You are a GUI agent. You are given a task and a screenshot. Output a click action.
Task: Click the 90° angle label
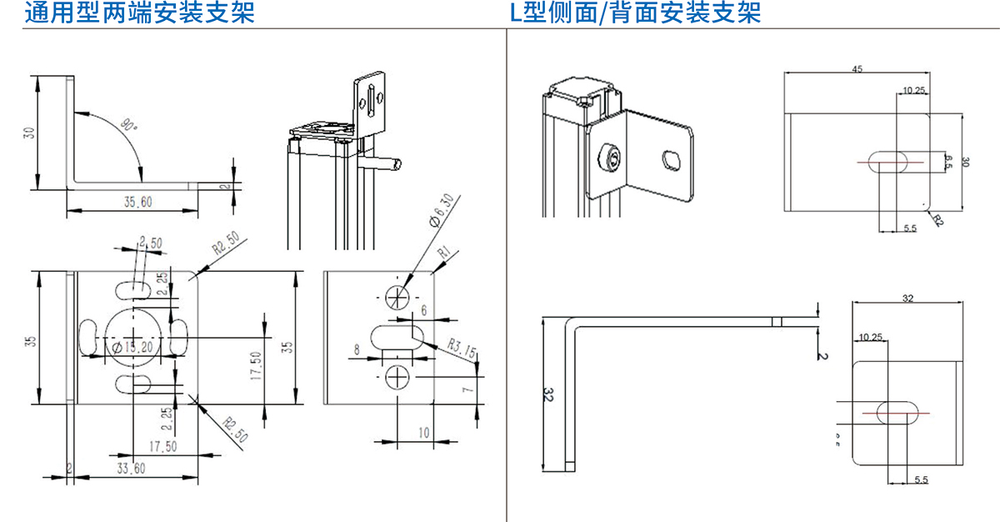click(x=127, y=126)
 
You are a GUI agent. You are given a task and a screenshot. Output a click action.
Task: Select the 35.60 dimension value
click(x=138, y=202)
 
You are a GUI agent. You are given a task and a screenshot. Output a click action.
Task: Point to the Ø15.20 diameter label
click(x=134, y=347)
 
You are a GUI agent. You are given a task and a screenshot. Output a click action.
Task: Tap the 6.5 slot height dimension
click(x=947, y=161)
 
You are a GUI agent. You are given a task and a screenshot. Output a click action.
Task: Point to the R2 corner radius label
click(x=938, y=220)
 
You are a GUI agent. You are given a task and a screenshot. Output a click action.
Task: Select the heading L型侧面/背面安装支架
click(x=635, y=14)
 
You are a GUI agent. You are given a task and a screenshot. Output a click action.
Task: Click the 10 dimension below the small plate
click(x=422, y=432)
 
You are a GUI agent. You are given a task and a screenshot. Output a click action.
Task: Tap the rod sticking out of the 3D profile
click(x=385, y=162)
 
